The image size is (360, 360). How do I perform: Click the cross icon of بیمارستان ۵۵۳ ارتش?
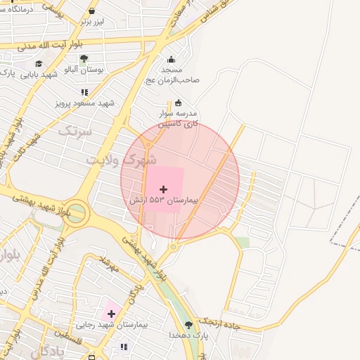pyautogui.click(x=164, y=189)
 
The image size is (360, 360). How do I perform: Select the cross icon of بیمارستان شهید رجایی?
pyautogui.click(x=111, y=313)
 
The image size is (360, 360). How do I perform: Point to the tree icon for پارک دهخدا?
pyautogui.click(x=188, y=324)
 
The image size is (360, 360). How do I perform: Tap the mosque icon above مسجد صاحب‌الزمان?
pyautogui.click(x=171, y=60)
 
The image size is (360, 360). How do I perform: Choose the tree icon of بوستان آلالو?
pyautogui.click(x=84, y=59)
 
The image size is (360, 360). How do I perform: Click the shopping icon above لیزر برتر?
pyautogui.click(x=92, y=11)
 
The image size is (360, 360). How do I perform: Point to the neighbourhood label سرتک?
pyautogui.click(x=75, y=131)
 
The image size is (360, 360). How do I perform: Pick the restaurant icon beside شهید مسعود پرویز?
pyautogui.click(x=84, y=92)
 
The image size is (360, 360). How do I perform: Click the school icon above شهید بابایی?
pyautogui.click(x=38, y=63)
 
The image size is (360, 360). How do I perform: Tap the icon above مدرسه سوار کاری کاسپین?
pyautogui.click(x=178, y=103)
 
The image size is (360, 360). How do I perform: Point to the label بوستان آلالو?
pyautogui.click(x=84, y=70)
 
